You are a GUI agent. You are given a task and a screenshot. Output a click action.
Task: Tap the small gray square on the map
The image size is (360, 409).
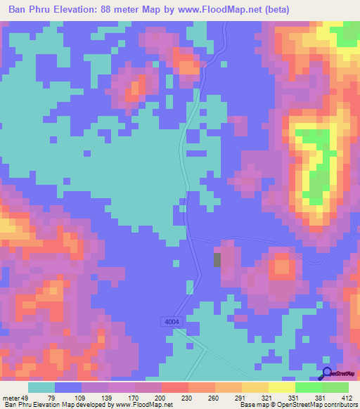coord(217,259)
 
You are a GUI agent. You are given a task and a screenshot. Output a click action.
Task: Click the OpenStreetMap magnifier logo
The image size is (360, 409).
coord(327,374)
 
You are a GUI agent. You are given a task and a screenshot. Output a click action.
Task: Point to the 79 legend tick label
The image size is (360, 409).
coord(51,398)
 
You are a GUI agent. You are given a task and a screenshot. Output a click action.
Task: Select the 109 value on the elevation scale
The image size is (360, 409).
coord(78,398)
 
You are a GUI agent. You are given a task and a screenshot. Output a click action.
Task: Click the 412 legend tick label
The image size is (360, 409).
coord(345,398)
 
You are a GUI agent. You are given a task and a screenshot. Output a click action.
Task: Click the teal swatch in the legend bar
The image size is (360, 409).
coord(41,387)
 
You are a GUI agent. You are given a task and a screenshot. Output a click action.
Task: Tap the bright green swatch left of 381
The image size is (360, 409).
coord(309,387)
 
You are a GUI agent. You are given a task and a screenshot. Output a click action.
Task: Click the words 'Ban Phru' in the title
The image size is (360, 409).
coord(32,11)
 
